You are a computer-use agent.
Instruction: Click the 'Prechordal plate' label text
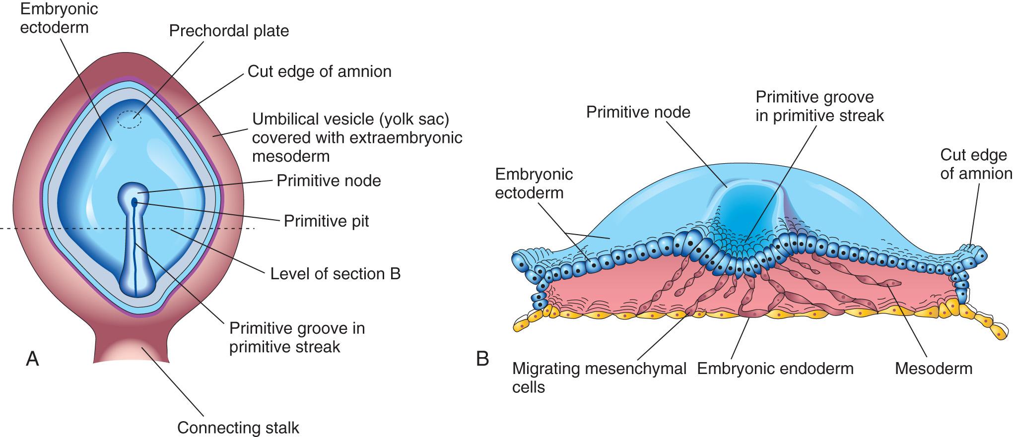pyautogui.click(x=229, y=31)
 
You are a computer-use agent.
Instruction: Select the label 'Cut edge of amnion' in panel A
pyautogui.click(x=319, y=71)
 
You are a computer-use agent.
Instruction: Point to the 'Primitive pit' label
pyautogui.click(x=326, y=221)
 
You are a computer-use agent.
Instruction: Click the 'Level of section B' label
pyautogui.click(x=335, y=274)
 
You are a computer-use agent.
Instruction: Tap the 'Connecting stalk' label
pyautogui.click(x=238, y=428)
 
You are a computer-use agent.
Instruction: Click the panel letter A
pyautogui.click(x=32, y=358)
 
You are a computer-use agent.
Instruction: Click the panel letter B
pyautogui.click(x=482, y=358)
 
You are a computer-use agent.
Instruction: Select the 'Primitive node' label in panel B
pyautogui.click(x=638, y=112)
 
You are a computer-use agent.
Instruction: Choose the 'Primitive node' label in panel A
pyautogui.click(x=329, y=180)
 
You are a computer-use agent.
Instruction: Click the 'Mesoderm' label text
pyautogui.click(x=933, y=369)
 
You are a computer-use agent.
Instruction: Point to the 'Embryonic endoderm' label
pyautogui.click(x=775, y=369)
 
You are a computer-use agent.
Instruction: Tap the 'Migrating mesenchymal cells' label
pyautogui.click(x=599, y=377)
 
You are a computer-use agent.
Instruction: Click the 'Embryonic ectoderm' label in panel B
pyautogui.click(x=534, y=183)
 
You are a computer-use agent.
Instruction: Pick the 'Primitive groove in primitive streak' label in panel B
pyautogui.click(x=819, y=106)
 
